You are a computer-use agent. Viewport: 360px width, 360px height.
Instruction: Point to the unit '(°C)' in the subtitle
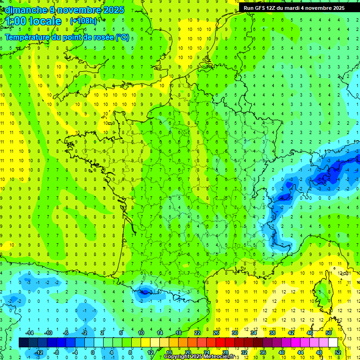122,37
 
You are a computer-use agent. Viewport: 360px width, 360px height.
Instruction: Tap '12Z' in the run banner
277,8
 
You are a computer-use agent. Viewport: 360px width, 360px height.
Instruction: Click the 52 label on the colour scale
338,352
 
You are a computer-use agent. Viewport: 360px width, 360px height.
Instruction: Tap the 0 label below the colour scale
93,352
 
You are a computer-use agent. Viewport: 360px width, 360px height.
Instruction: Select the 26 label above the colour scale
216,332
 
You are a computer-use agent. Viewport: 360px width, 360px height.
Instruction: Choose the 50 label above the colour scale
329,332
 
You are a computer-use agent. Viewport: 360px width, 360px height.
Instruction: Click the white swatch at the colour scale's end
333,343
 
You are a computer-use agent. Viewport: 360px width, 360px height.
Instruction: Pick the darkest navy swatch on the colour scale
23,343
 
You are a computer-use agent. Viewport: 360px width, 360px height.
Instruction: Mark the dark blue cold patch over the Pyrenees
144,292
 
